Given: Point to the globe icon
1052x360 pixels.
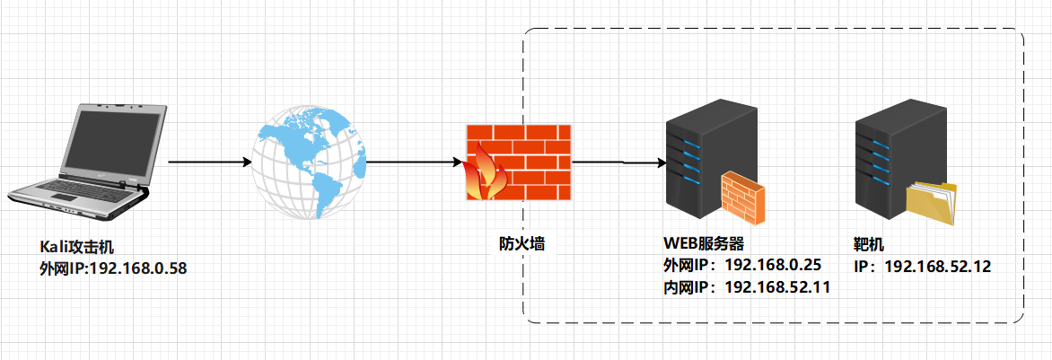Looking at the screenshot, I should click(309, 162).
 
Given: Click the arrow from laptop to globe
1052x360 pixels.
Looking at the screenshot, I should click(209, 162).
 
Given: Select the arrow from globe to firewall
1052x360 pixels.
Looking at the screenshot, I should click(414, 162).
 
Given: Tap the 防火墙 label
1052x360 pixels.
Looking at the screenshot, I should click(522, 242).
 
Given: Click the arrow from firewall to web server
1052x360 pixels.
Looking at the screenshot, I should click(618, 163).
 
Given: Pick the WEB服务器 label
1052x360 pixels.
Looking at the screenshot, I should click(705, 243).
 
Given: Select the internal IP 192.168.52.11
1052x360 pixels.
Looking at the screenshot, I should click(776, 287).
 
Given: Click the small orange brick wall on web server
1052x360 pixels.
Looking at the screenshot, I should click(744, 198).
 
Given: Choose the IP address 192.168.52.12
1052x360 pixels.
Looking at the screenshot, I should click(938, 266).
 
